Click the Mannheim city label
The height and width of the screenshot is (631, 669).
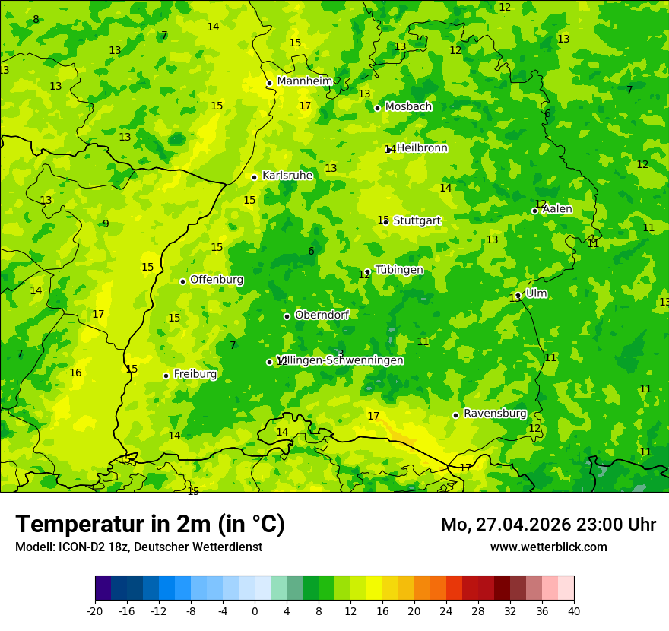tap(305, 81)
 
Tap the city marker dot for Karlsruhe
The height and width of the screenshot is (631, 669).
tap(255, 177)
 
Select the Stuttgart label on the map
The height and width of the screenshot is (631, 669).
tap(417, 220)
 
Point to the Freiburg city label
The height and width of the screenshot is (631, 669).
tap(195, 374)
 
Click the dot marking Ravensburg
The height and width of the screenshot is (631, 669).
tap(456, 415)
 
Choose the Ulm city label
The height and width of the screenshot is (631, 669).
tap(536, 293)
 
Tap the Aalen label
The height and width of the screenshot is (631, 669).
tap(557, 209)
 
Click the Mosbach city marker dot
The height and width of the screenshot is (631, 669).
tap(377, 108)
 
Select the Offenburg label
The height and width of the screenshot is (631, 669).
tap(217, 280)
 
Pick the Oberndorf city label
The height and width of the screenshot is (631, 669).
tap(322, 315)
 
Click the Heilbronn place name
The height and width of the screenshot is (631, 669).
tap(422, 148)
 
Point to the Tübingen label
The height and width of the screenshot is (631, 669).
tap(399, 270)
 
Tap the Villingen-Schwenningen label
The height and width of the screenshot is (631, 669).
tap(340, 360)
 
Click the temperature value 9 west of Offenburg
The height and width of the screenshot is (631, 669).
tap(106, 224)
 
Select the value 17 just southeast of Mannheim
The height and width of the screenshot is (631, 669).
tap(305, 106)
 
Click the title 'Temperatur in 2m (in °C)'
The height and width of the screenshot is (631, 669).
tap(150, 524)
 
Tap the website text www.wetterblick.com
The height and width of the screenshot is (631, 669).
tap(548, 547)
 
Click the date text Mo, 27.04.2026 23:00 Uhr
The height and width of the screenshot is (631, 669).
tap(548, 525)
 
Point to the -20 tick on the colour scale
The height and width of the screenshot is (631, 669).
tap(95, 611)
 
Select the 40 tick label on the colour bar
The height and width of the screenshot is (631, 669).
tap(573, 611)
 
